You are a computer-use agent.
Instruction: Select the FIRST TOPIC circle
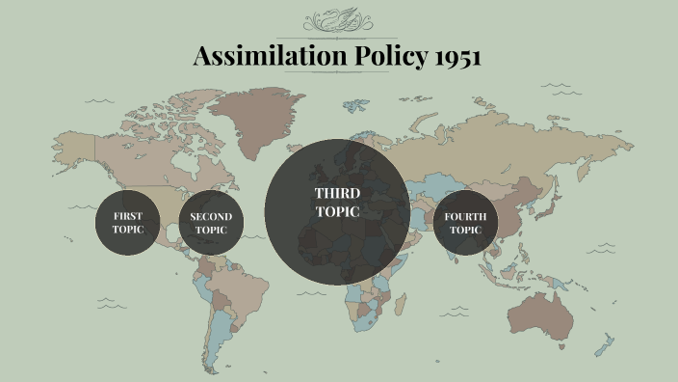[126, 223]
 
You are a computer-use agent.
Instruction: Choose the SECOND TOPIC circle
[211, 223]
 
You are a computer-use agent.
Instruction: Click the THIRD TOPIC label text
[337, 203]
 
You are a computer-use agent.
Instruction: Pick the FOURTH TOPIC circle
[465, 223]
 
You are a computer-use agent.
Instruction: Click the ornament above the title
[338, 21]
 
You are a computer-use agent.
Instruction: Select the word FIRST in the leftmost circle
[126, 216]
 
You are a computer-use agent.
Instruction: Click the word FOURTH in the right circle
[465, 216]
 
